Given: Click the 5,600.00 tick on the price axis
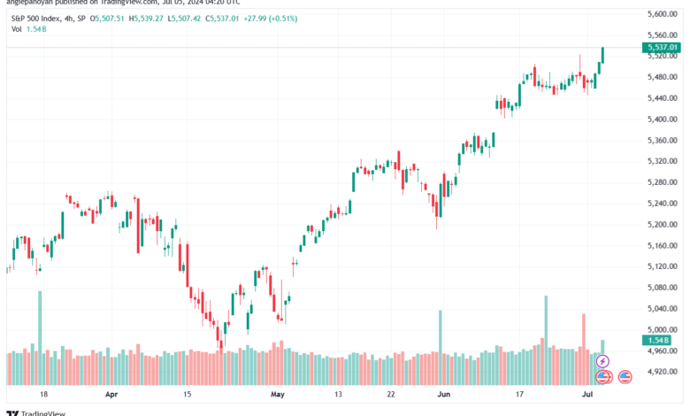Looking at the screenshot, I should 663,14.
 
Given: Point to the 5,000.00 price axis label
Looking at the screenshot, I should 663,329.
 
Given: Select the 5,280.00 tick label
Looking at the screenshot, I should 663,182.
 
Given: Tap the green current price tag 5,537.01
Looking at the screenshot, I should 663,47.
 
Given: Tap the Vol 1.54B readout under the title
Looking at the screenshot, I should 28,29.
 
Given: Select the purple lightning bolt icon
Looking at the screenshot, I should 604,361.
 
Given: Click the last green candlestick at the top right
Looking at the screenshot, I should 602,55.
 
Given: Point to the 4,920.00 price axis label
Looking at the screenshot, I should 663,372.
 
